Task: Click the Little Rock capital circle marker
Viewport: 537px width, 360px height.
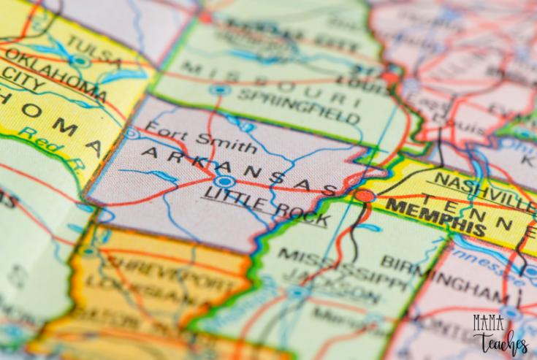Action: point(224,181)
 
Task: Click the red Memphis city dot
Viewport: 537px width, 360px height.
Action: point(365,195)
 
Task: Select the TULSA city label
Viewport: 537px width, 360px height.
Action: point(94,56)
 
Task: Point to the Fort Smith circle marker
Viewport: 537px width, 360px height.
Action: point(132,133)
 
